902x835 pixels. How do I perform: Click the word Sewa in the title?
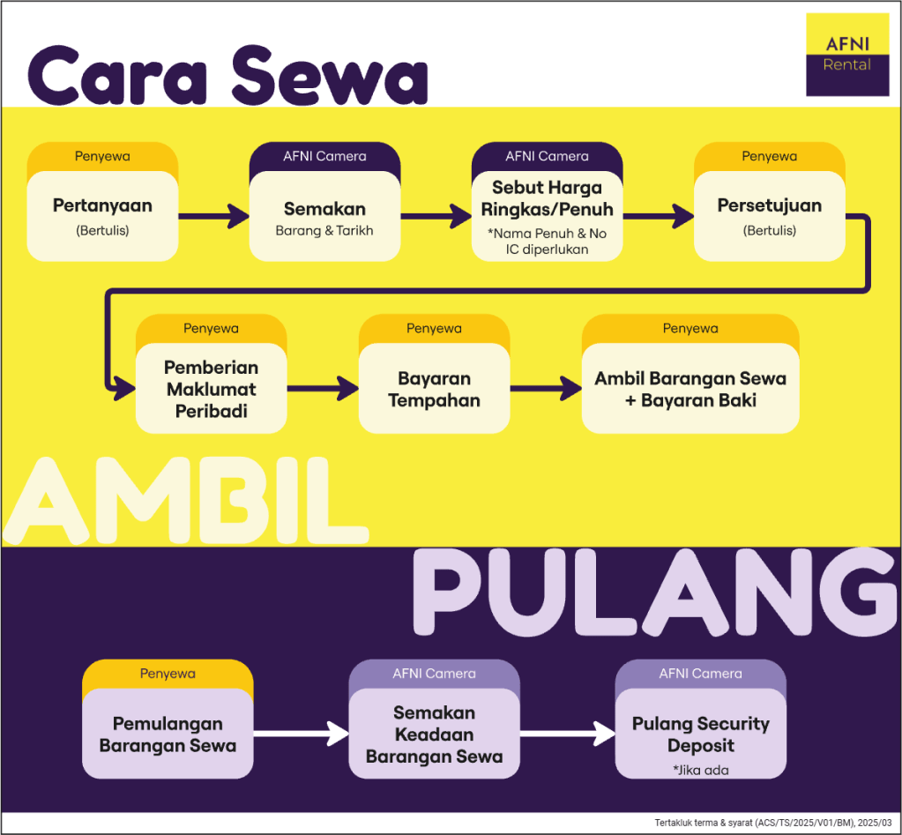point(331,74)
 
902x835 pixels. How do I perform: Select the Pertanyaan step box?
point(102,214)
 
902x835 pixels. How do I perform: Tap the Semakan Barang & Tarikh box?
point(324,217)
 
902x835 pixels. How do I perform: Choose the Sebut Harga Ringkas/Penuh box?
point(547,216)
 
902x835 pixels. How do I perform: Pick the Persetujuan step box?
point(769,214)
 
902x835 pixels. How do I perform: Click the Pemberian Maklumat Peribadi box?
point(212,388)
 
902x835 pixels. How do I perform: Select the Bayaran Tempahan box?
point(434,388)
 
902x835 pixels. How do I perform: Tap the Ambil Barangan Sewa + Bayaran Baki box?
point(690,388)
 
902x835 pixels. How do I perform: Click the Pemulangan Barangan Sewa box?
point(168,733)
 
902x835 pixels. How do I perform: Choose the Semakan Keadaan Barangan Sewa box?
point(434,733)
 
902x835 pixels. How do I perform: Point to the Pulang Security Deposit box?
point(700,733)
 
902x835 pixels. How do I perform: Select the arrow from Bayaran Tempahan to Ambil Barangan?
point(546,388)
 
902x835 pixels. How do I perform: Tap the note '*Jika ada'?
point(700,770)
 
